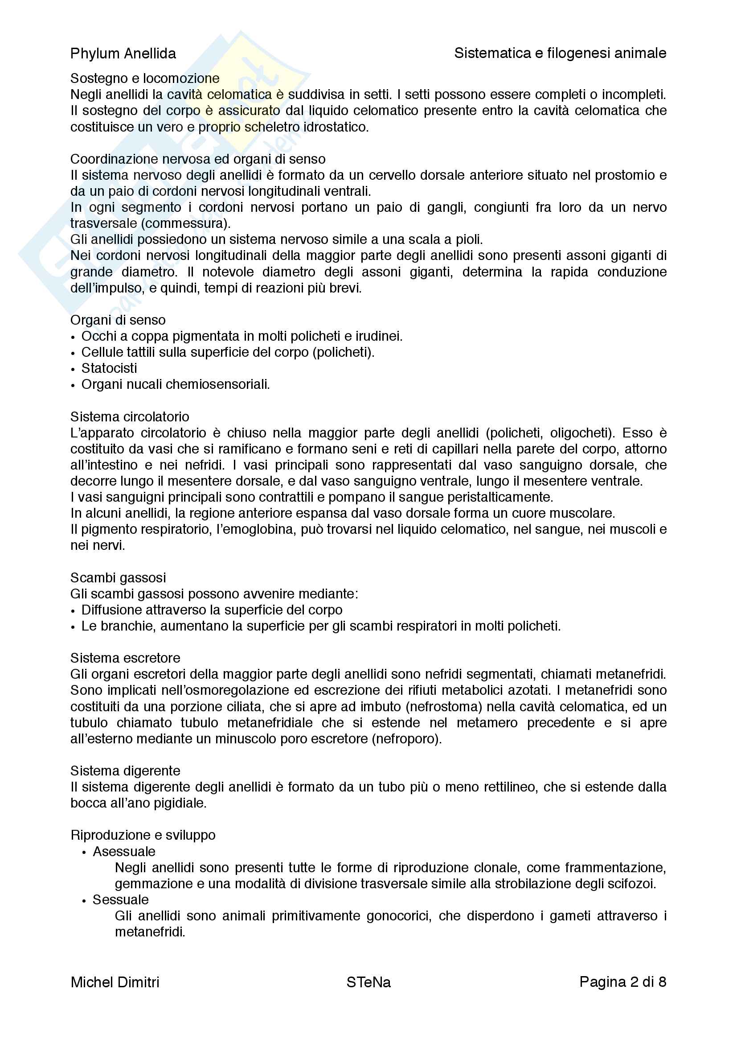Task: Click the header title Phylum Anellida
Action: click(123, 54)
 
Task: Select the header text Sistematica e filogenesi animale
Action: click(560, 53)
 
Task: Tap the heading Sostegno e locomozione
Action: click(145, 78)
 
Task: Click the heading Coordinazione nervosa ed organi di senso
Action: click(198, 159)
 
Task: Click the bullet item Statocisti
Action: click(109, 368)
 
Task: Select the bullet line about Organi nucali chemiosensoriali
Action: click(175, 384)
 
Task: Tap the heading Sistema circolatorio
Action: click(129, 416)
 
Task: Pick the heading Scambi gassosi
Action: click(118, 578)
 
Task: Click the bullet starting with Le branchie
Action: click(320, 626)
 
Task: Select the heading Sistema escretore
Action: click(125, 658)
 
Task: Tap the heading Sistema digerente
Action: click(125, 771)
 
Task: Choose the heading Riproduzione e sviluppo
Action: click(143, 835)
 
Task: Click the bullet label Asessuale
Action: click(124, 851)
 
